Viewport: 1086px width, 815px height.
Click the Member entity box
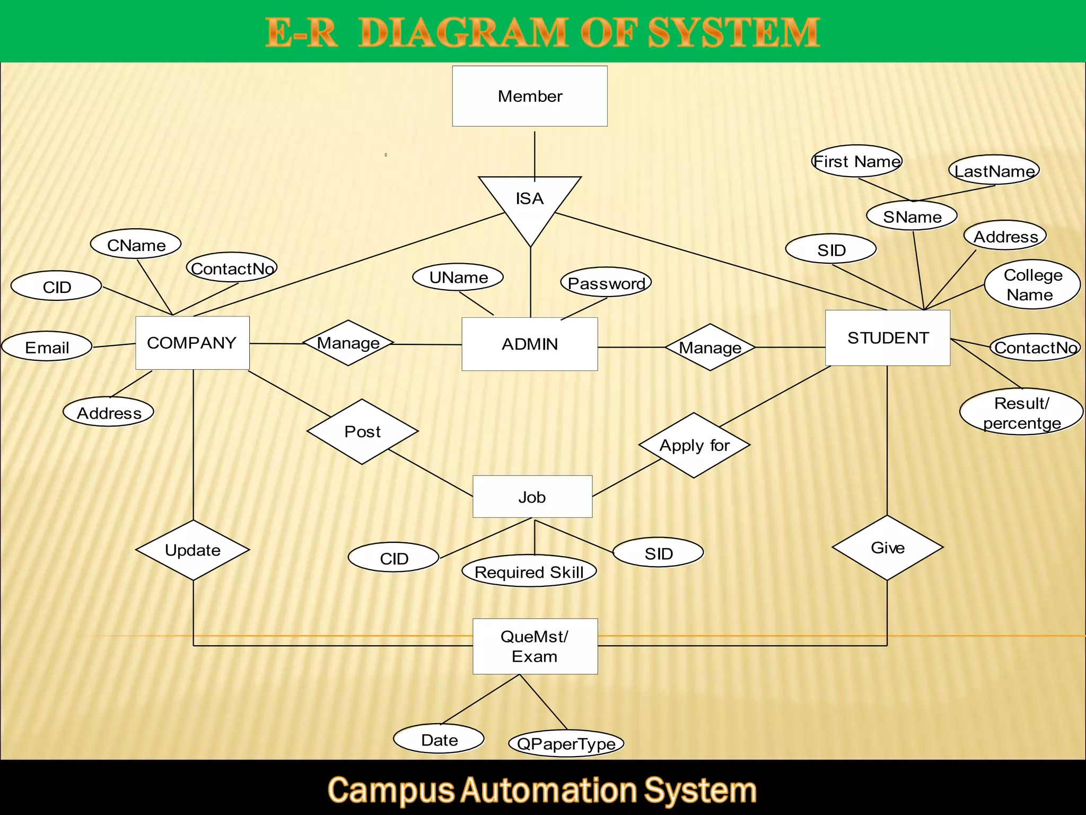(x=529, y=96)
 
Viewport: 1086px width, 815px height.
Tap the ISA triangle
(x=530, y=202)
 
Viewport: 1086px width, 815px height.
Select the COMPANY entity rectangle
(x=192, y=343)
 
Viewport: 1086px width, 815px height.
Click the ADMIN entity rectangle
(x=529, y=344)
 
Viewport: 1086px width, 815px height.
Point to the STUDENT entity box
(x=887, y=338)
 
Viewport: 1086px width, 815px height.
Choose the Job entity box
(x=532, y=497)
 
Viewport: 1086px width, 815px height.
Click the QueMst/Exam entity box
(x=535, y=646)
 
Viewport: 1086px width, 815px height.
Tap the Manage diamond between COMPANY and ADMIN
(x=348, y=343)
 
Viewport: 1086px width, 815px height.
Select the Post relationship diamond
(x=362, y=431)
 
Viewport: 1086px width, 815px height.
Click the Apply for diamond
(x=694, y=445)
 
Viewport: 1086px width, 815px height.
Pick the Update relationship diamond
(x=192, y=550)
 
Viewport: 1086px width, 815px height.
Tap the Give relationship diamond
(x=887, y=548)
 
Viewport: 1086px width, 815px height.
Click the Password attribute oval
(x=606, y=283)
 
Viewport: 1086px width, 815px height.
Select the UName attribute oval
(x=458, y=277)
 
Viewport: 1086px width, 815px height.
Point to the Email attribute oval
(x=47, y=347)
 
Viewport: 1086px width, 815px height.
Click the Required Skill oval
(x=529, y=572)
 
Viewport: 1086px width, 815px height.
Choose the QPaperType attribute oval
(x=566, y=743)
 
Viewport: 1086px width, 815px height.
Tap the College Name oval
(x=1032, y=284)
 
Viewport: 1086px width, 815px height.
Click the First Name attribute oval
(x=856, y=161)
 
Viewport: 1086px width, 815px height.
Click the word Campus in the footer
(x=390, y=790)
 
